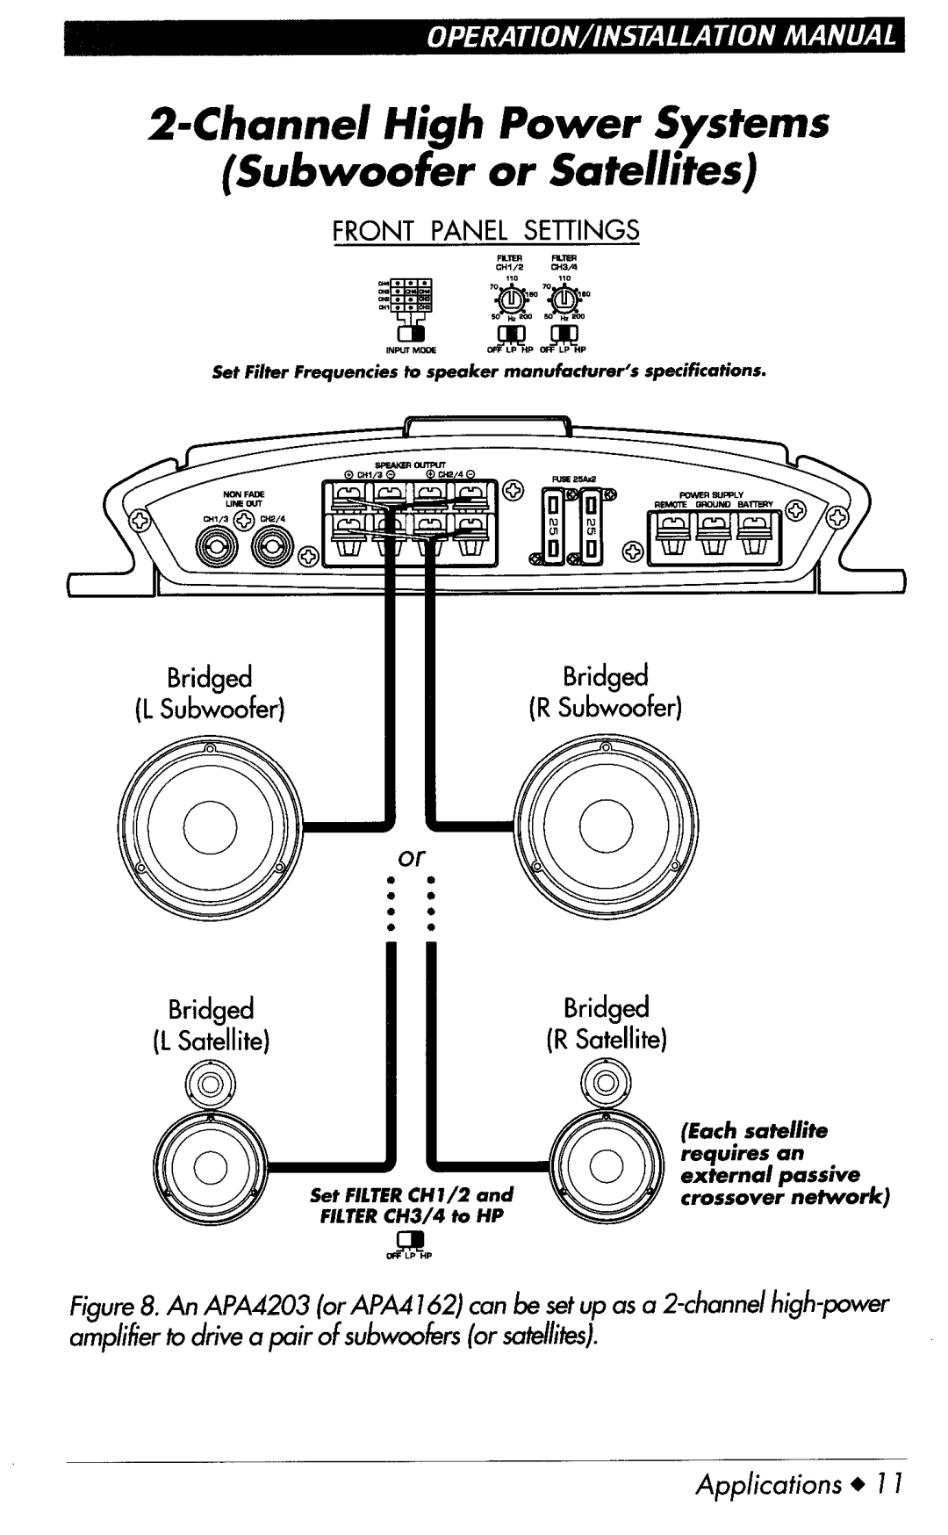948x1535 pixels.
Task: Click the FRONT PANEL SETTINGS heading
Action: (485, 231)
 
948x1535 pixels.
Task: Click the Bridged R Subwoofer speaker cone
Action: (606, 825)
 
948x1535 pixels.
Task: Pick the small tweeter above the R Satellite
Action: (607, 1081)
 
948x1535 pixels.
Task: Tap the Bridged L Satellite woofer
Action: (210, 1167)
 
